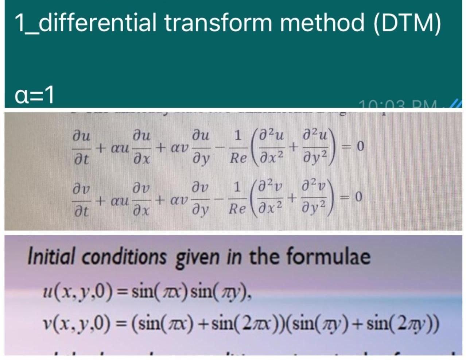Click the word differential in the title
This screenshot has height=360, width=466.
(97, 22)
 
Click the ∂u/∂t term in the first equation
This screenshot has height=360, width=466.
(81, 148)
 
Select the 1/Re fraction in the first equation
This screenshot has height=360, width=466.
(237, 147)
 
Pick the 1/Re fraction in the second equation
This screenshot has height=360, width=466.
(237, 198)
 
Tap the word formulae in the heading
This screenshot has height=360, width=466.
(328, 256)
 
